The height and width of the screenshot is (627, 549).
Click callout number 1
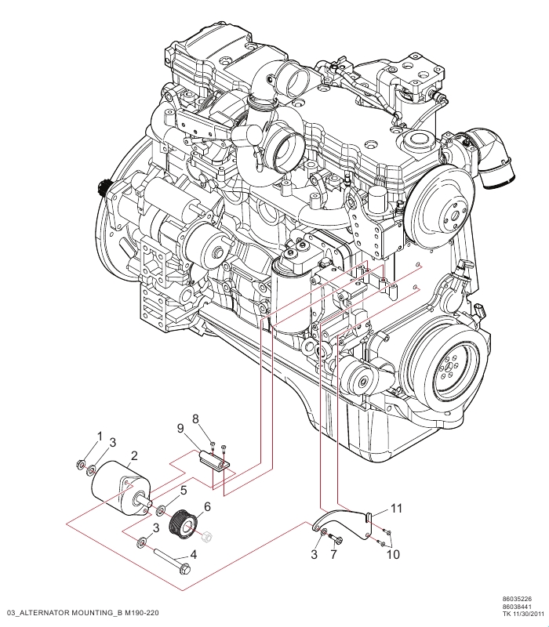click(x=100, y=436)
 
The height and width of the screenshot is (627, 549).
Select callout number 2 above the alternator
click(x=134, y=455)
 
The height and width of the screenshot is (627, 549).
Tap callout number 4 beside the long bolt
click(x=193, y=555)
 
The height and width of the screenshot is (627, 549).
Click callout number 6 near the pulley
click(x=207, y=506)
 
